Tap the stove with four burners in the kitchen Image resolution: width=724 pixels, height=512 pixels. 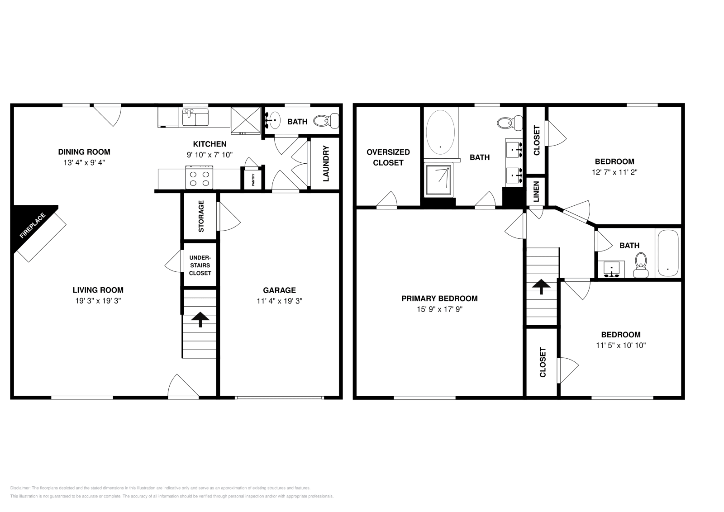(199, 177)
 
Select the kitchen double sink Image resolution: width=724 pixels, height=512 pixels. (195, 117)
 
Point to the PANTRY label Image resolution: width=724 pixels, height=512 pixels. (253, 180)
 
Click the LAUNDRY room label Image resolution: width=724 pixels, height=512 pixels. (325, 163)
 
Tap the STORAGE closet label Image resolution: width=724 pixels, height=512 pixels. (201, 216)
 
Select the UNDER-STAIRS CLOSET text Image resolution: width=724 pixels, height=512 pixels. (200, 265)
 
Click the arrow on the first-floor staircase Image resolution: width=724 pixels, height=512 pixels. (200, 319)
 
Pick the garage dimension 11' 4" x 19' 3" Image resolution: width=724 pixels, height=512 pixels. (279, 301)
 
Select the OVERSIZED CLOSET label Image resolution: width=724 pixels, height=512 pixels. (388, 157)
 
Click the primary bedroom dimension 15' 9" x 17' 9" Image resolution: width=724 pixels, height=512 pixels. (439, 309)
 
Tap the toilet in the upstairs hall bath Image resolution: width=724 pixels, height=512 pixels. (641, 265)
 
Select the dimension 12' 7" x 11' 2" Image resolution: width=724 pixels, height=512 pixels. (614, 172)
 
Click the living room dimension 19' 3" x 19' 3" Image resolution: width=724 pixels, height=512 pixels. (98, 301)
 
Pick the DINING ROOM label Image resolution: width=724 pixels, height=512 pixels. (84, 152)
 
